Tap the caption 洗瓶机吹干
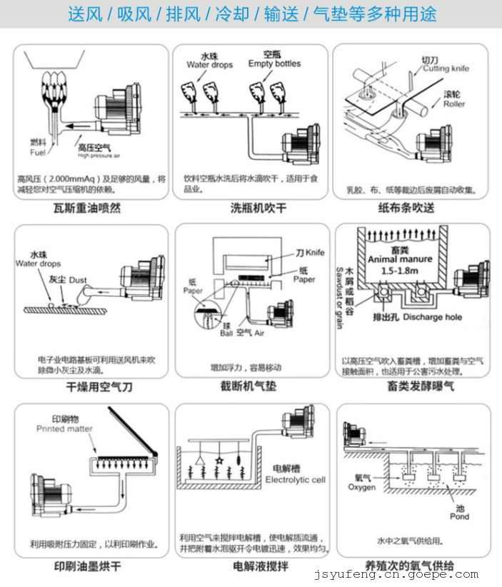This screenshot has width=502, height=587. [x=251, y=209]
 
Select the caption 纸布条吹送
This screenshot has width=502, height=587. [x=412, y=209]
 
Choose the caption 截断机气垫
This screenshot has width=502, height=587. [x=251, y=386]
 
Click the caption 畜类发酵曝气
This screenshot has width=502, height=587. [x=412, y=386]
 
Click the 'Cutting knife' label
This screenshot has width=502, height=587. [x=446, y=69]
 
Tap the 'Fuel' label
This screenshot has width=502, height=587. [x=38, y=152]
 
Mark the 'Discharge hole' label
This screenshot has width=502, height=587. [x=433, y=317]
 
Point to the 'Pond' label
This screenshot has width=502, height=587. [x=458, y=516]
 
